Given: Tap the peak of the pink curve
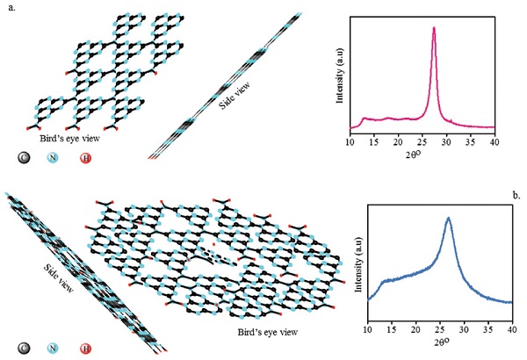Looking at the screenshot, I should (434, 27).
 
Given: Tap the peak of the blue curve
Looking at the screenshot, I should (449, 218).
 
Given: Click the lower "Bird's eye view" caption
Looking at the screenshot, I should (267, 332).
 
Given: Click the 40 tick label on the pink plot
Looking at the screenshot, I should (495, 140).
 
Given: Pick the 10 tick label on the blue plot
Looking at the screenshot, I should (367, 329).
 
